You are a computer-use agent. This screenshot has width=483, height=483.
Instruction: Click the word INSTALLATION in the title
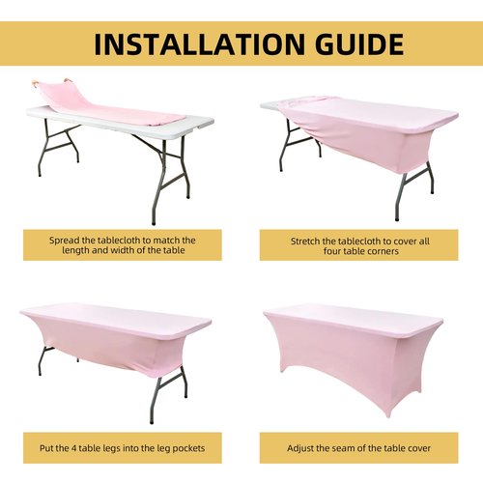(199, 43)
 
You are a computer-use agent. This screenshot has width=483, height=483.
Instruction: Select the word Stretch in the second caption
(305, 241)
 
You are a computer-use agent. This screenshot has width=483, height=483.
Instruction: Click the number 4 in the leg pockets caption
(73, 448)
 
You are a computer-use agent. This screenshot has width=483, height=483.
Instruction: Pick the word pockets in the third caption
(189, 448)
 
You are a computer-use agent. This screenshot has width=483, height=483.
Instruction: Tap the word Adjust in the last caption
(298, 448)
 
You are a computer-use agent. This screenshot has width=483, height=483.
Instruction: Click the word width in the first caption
(123, 250)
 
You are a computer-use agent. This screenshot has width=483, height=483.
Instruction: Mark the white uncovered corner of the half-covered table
(271, 105)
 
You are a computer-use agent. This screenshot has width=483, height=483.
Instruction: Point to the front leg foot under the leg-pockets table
(152, 421)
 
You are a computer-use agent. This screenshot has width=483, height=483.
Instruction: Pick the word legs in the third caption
(111, 448)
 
